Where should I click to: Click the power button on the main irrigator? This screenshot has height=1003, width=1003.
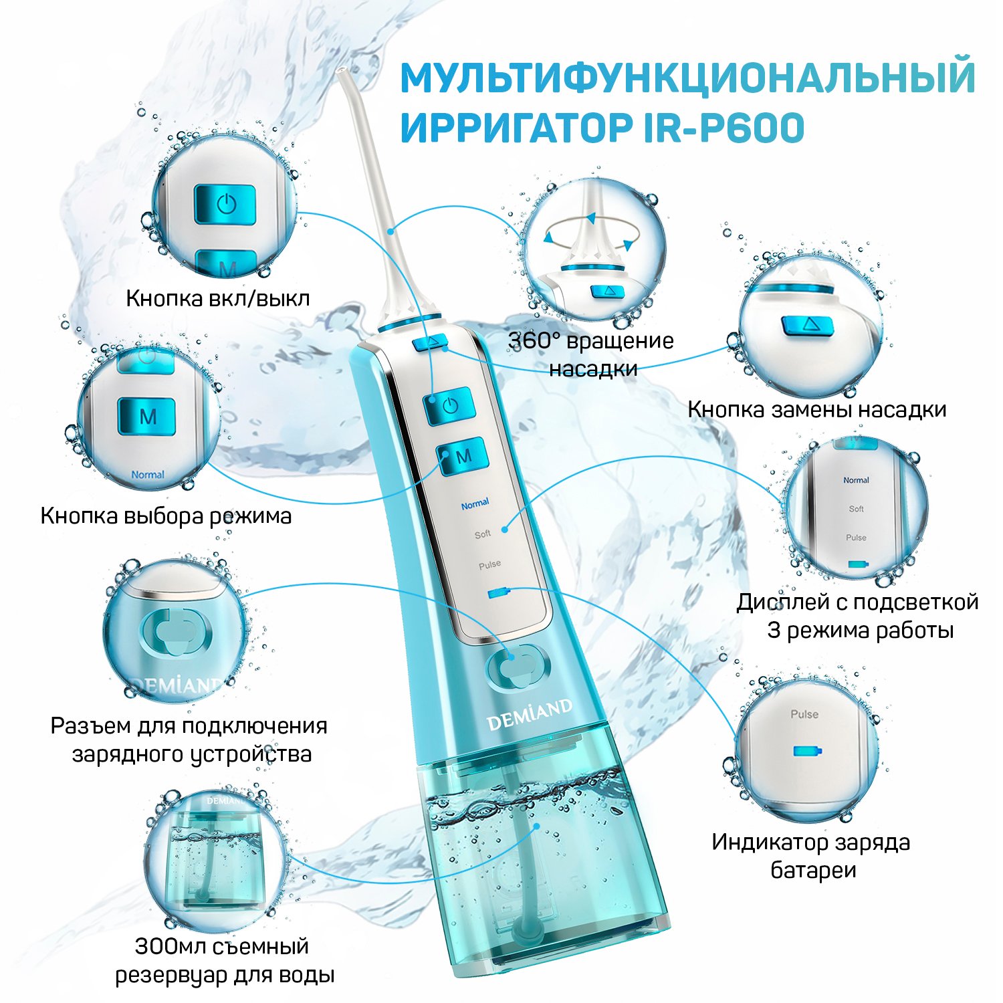[x=449, y=405]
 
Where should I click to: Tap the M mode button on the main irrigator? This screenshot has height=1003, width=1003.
[x=463, y=456]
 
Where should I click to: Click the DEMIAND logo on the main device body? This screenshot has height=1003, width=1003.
[x=530, y=714]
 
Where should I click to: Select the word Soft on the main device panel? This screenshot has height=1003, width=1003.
[x=483, y=534]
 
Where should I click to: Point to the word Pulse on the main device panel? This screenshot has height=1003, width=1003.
[x=490, y=564]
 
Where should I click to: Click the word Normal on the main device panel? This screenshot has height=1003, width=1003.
[x=475, y=504]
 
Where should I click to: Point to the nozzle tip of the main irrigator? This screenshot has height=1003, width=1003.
[x=341, y=70]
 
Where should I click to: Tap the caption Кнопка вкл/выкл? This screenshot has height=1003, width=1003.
[x=218, y=298]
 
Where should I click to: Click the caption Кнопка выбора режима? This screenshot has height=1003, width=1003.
[x=166, y=516]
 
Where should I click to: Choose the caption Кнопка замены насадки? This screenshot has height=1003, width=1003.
[x=817, y=409]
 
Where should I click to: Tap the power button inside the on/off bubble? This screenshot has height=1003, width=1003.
[x=225, y=204]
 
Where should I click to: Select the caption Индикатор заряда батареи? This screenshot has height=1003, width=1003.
[x=811, y=856]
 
